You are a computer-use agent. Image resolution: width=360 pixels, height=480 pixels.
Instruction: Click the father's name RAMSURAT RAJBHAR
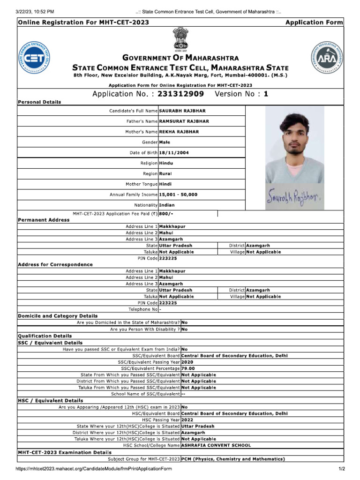pos(178,121)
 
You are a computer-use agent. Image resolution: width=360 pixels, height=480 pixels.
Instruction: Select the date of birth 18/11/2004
pos(174,152)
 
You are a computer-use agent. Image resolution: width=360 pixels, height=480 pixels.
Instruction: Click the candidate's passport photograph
pos(294,144)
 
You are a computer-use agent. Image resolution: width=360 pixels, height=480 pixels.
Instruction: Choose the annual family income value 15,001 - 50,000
pos(178,194)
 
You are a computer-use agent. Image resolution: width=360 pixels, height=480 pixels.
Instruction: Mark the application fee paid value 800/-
pos(166,214)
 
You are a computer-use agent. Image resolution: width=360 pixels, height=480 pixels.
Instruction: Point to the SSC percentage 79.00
pos(188,368)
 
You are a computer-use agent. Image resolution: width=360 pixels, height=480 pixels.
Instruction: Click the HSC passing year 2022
pos(187,420)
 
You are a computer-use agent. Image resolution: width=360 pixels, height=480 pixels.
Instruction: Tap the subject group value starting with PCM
pos(232,459)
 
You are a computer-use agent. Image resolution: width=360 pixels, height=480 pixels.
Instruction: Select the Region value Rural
pos(166,173)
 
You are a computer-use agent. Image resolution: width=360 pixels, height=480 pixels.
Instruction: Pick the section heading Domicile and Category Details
pos(58,316)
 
